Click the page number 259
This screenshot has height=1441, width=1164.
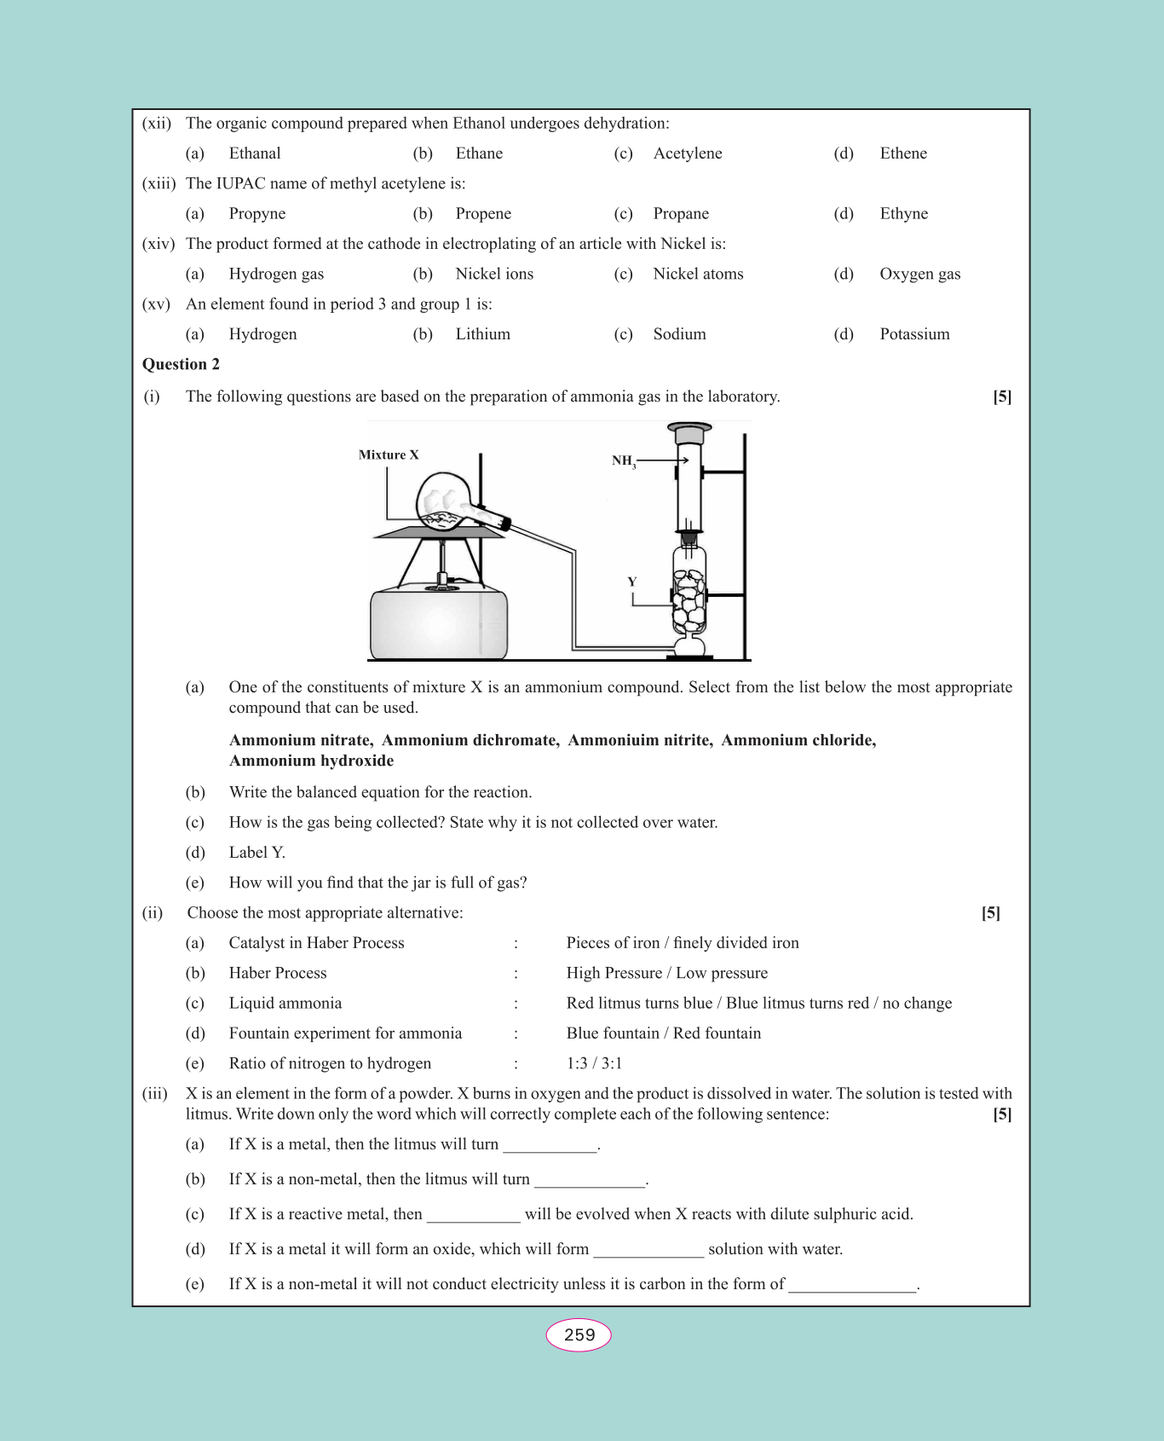579,1335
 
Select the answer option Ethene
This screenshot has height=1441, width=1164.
903,153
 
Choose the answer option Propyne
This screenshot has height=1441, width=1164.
257,214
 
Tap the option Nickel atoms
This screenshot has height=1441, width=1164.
698,274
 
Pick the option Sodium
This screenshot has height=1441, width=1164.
679,334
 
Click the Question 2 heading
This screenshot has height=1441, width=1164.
181,364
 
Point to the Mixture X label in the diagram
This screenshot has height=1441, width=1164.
389,455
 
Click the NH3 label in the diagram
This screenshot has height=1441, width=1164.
623,461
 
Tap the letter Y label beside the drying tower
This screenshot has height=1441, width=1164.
632,582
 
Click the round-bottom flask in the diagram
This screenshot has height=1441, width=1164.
443,502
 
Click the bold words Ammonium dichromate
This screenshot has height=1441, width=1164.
470,740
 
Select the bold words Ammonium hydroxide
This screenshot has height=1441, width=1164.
311,761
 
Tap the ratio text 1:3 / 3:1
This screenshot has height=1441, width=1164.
594,1063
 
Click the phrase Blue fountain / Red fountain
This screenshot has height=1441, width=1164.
663,1033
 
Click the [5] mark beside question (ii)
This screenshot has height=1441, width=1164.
990,913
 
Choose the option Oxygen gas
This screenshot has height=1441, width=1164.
919,274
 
